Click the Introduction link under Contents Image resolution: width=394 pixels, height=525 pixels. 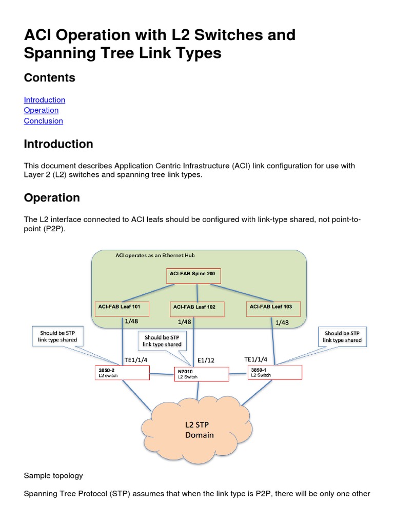click(x=45, y=100)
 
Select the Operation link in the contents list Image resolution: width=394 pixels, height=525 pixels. click(x=41, y=110)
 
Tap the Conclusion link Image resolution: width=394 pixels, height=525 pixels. click(x=44, y=121)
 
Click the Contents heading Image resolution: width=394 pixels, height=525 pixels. click(x=50, y=78)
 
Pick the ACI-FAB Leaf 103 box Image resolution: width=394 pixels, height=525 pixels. click(x=273, y=309)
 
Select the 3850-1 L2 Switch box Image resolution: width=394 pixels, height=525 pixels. click(x=274, y=372)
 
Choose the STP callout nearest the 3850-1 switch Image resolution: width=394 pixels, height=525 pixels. click(x=343, y=336)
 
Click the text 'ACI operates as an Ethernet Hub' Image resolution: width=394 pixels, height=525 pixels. click(x=155, y=255)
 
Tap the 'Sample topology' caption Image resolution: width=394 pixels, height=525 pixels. click(x=53, y=475)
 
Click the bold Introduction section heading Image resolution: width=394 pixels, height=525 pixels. click(x=58, y=144)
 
